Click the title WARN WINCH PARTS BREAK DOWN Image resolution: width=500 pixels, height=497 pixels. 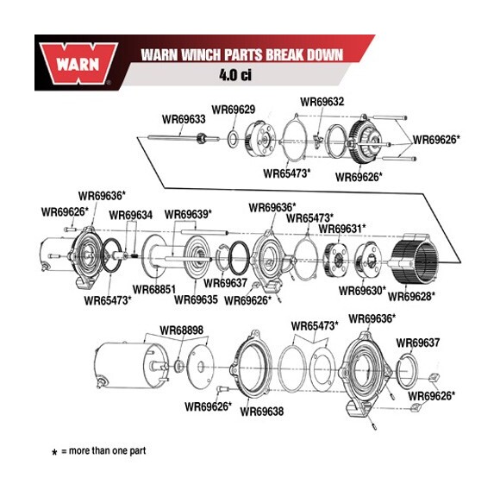tap(242, 55)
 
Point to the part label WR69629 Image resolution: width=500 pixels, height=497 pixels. tap(233, 109)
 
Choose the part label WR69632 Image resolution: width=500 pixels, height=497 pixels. tap(322, 102)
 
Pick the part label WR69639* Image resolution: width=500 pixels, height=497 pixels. tap(188, 214)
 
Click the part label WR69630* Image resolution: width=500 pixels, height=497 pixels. tap(362, 291)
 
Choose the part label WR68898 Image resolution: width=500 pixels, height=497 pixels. tap(181, 330)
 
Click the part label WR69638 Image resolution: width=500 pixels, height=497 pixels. tap(262, 412)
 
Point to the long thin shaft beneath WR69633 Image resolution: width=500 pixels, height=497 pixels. tap(172, 135)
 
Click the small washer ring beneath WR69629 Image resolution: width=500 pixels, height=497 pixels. tap(233, 138)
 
